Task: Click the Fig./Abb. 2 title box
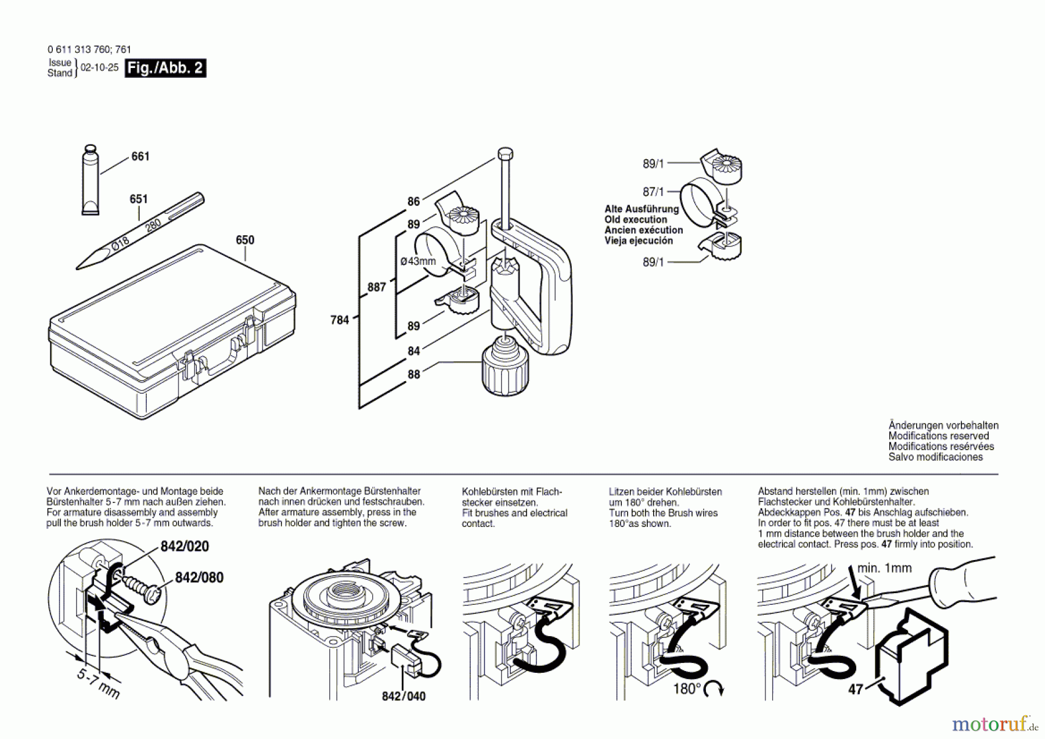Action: (165, 68)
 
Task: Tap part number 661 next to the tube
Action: (140, 156)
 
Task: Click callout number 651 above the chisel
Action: (139, 199)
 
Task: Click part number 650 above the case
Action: (245, 240)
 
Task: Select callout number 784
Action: (340, 320)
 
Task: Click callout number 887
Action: (376, 287)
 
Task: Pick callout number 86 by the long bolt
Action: (413, 202)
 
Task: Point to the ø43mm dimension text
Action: (418, 261)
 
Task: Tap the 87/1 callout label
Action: (653, 192)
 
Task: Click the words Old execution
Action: (636, 220)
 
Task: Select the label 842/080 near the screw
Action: (199, 577)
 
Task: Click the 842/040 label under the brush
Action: (403, 696)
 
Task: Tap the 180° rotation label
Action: (687, 689)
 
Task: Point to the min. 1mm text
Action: (884, 568)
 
